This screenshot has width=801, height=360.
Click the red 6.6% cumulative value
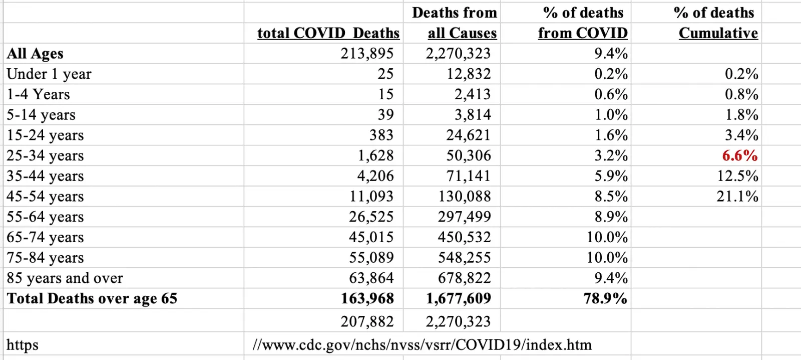[x=739, y=156]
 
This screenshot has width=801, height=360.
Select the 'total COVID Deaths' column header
[x=328, y=33]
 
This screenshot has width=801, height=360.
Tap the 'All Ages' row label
[x=35, y=54]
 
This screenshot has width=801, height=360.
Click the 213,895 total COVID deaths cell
[x=367, y=54]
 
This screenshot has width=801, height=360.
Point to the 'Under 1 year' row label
[x=49, y=74]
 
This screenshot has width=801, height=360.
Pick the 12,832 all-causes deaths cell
[x=469, y=74]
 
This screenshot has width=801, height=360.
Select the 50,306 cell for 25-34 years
[x=469, y=156]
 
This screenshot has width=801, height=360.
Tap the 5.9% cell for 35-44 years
[x=611, y=176]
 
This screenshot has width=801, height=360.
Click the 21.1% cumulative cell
[x=737, y=197]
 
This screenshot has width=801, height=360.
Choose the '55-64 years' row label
[x=45, y=217]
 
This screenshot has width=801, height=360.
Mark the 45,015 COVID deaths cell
[x=371, y=237]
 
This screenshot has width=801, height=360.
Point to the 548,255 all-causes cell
[x=464, y=258]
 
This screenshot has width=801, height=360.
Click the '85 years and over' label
[x=65, y=278]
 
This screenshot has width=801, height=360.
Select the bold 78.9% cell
[x=605, y=299]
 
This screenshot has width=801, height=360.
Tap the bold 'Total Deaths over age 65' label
[x=92, y=299]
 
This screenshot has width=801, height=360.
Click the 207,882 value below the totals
[x=367, y=321]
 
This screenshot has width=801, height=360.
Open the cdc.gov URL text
[x=422, y=345]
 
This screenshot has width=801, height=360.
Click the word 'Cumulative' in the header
[x=718, y=33]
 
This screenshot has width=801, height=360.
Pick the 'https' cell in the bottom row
[x=23, y=345]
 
